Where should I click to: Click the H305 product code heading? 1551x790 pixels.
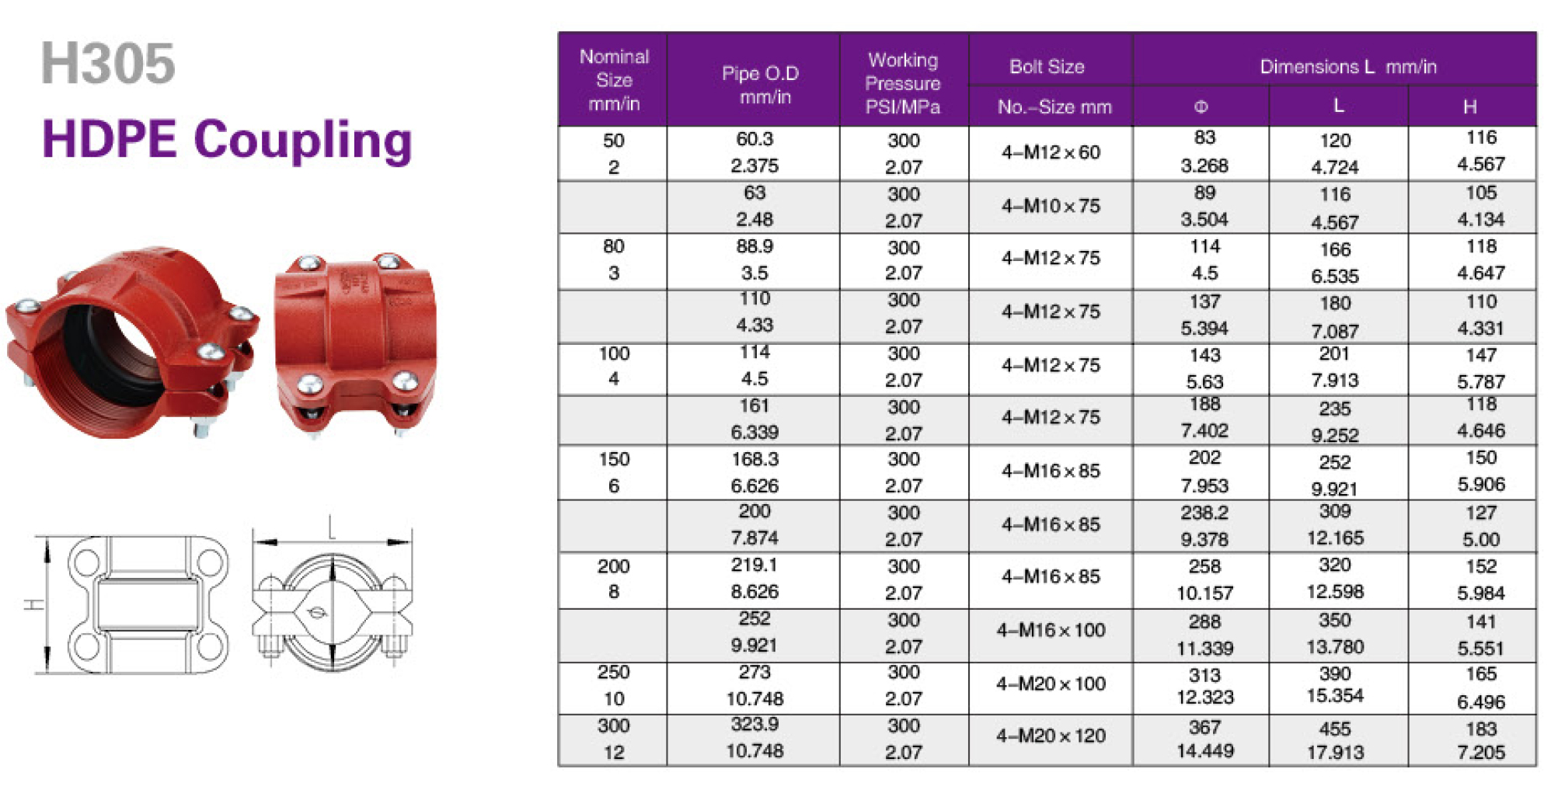(x=108, y=64)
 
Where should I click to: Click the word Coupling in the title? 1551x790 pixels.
(x=303, y=141)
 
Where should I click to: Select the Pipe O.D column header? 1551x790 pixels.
(x=759, y=85)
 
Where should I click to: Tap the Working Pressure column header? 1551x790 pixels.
(x=903, y=83)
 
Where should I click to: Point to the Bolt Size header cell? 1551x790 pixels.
(x=1047, y=67)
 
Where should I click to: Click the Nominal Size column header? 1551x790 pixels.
(x=614, y=80)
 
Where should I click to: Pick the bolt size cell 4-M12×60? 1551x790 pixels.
(x=1051, y=152)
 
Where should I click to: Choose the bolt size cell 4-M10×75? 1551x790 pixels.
(x=1051, y=206)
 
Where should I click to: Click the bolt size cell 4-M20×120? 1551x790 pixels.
(x=1051, y=736)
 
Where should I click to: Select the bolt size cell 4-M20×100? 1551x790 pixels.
(x=1051, y=684)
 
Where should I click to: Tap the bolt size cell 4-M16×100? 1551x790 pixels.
(x=1051, y=630)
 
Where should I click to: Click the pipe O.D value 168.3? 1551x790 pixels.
(x=755, y=459)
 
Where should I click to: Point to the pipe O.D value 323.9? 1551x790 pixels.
(x=755, y=725)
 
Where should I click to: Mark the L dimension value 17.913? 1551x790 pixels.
(x=1335, y=752)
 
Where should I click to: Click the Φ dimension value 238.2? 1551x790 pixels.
(x=1204, y=513)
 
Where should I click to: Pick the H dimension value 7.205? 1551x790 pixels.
(x=1481, y=752)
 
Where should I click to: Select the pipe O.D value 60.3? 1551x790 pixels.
(x=755, y=139)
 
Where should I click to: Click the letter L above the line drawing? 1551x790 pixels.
(x=332, y=527)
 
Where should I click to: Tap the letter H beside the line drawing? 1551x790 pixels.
(x=35, y=604)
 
